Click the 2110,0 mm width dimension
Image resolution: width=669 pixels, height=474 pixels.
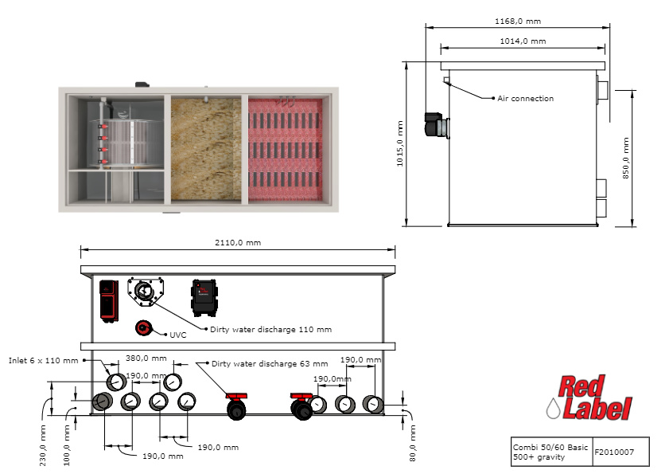238,243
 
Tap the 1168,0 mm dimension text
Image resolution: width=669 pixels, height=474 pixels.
517,22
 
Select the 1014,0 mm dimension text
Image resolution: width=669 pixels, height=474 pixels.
522,41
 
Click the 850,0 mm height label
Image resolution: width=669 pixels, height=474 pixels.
625,160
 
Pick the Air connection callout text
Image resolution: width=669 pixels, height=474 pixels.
525,99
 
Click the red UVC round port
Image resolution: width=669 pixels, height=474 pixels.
144,327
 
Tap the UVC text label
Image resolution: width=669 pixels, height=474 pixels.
178,335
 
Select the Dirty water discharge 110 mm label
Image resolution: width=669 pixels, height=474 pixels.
270,328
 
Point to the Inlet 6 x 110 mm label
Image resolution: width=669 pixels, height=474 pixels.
44,361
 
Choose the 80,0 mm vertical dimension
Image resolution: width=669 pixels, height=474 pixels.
412,444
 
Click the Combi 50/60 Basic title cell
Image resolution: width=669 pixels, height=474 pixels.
550,452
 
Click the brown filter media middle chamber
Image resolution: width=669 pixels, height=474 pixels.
206,149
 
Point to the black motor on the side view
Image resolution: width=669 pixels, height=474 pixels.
435,125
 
